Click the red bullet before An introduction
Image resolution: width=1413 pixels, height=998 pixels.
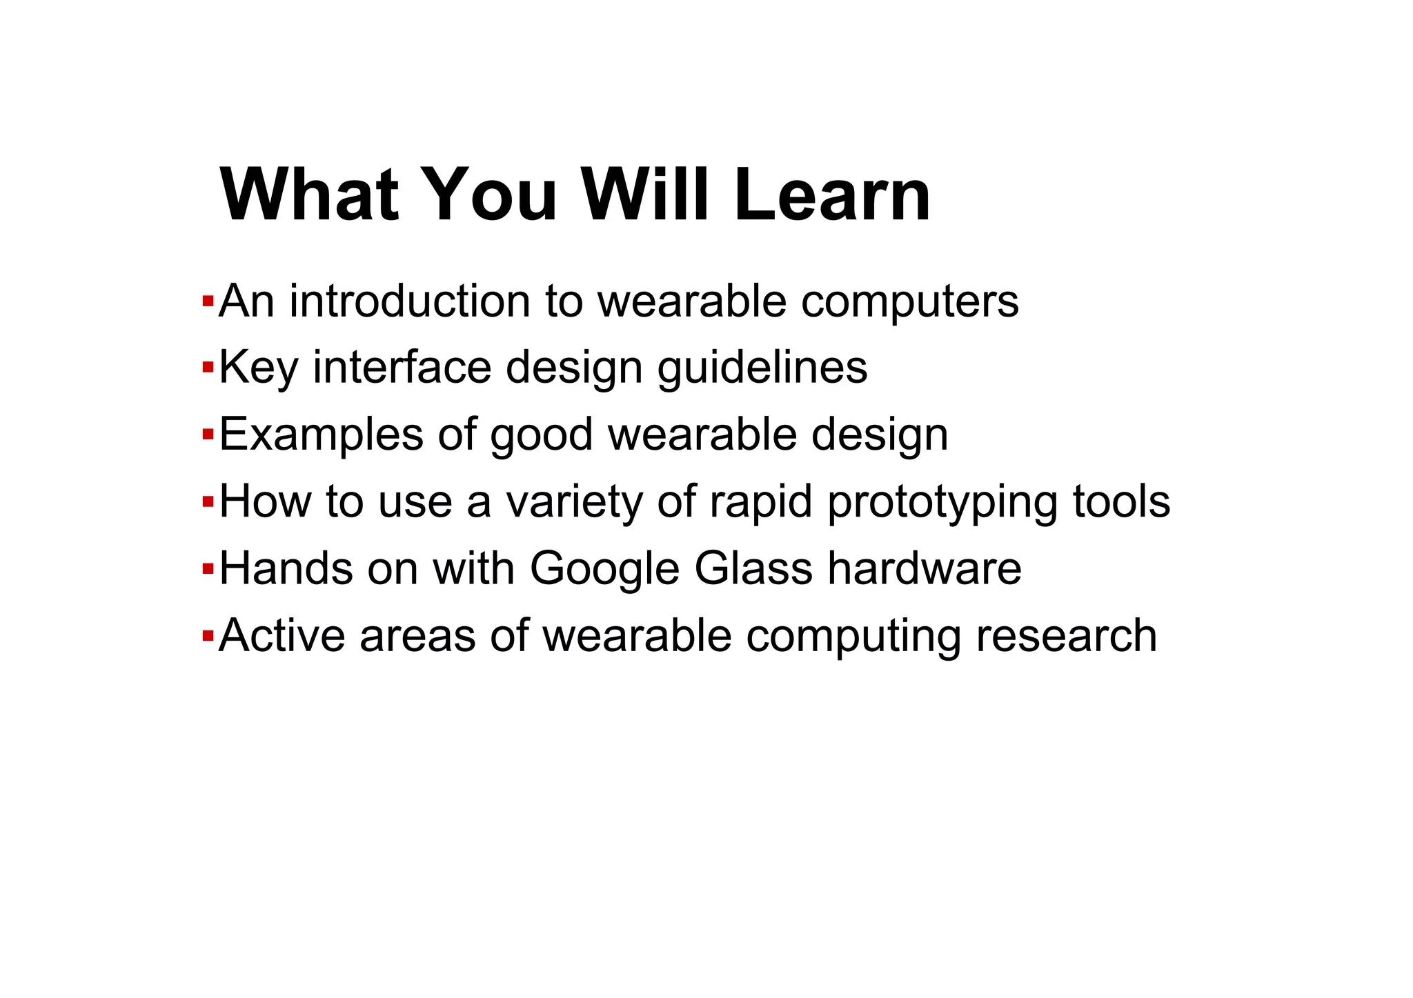click(x=207, y=301)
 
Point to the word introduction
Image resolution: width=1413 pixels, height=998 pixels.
click(x=410, y=301)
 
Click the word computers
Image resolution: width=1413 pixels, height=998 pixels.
click(x=909, y=301)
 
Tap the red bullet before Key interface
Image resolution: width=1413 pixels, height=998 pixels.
click(x=207, y=368)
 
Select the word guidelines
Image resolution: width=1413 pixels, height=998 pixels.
click(x=762, y=368)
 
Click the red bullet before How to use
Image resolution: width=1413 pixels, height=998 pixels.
click(x=207, y=502)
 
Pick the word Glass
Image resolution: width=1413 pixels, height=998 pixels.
click(x=753, y=568)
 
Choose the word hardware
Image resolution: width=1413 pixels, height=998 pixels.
click(x=924, y=568)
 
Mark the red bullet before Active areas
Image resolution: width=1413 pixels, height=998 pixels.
click(x=207, y=636)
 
